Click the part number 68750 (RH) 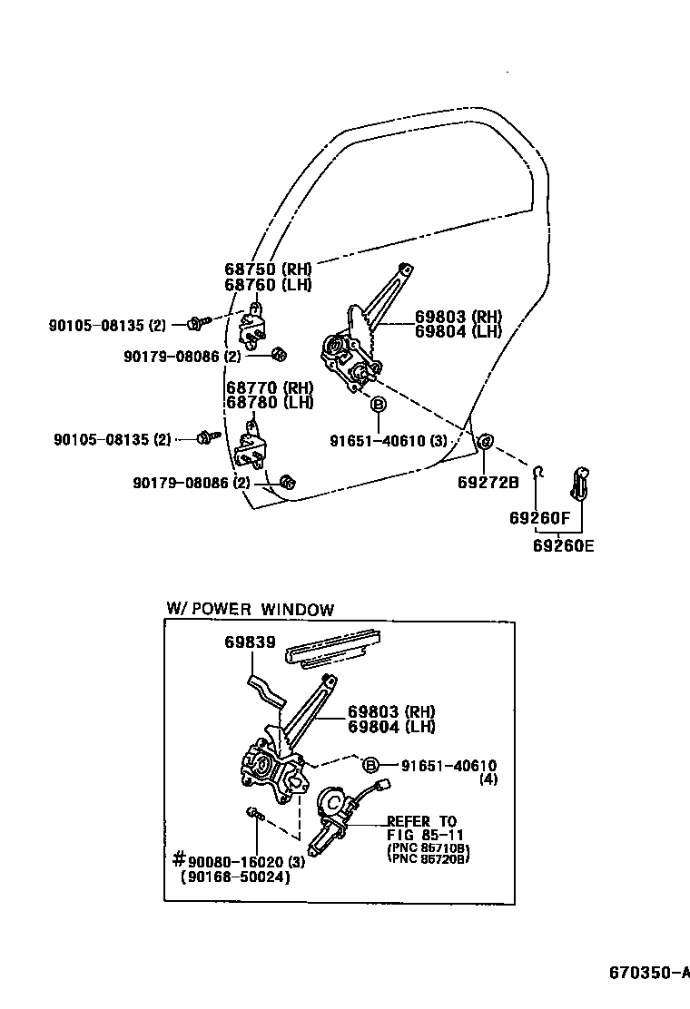[x=268, y=269]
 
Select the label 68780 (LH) [x=268, y=402]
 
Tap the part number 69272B [x=488, y=483]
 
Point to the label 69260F [x=538, y=519]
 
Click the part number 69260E [x=563, y=546]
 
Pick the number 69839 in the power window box [x=250, y=642]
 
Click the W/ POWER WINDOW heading [x=250, y=610]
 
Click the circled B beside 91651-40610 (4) [x=370, y=764]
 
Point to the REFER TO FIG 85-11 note [x=422, y=828]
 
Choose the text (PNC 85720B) [x=428, y=858]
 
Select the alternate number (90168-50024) [x=235, y=877]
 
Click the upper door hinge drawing [x=255, y=325]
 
